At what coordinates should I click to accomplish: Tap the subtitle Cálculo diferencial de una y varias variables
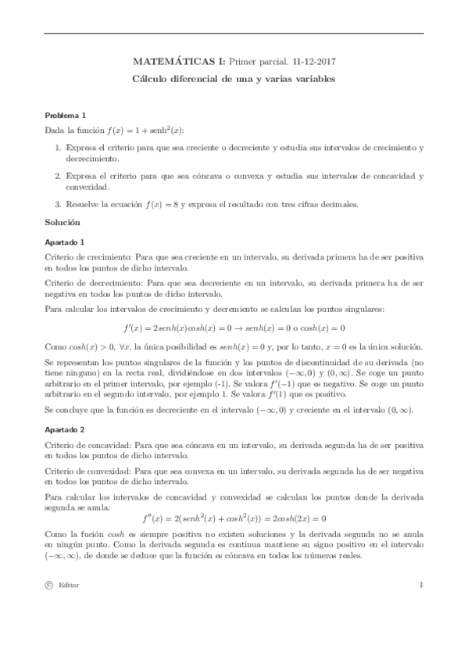pos(234,80)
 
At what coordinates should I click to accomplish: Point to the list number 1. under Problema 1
pos(58,147)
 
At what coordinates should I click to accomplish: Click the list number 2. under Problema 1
pos(58,176)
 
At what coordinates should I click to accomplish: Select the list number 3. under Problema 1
pos(58,205)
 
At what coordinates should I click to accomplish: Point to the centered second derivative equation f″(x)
pos(234,518)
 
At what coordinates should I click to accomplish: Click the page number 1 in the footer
pos(420,606)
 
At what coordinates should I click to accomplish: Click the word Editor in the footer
pos(68,607)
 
